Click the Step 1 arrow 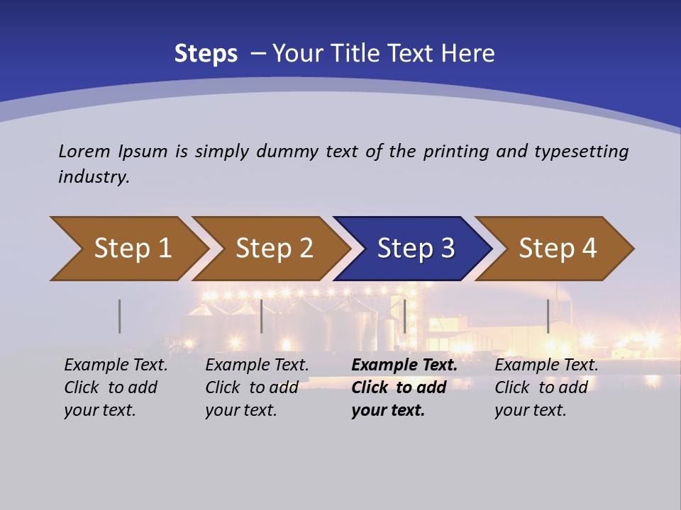coord(132,249)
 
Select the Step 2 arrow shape coord(274,249)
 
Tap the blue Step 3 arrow coord(416,249)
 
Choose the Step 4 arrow coord(558,249)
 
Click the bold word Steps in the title coord(206,54)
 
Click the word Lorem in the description coord(83,151)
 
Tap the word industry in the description coord(94,177)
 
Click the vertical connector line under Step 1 coord(119,316)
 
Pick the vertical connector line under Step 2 coord(261,316)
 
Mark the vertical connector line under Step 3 coord(404,316)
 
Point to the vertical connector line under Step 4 coord(548,316)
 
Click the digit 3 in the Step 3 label coord(447,249)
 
